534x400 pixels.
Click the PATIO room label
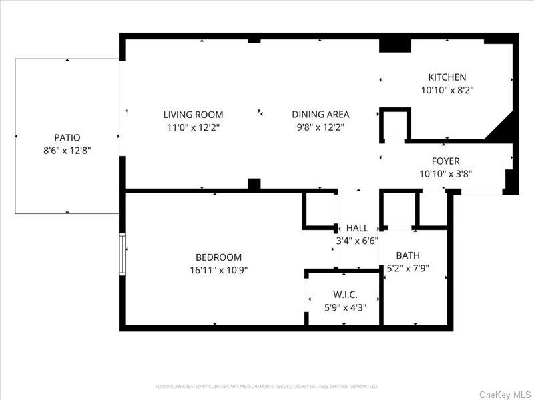[x=67, y=137]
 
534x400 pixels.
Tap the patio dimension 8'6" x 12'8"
[x=67, y=151]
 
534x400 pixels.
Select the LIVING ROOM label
[x=194, y=115]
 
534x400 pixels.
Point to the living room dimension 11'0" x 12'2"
[x=194, y=127]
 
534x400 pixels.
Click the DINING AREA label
[x=320, y=115]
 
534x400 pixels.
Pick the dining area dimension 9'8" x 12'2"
[x=320, y=127]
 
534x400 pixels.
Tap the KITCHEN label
[x=447, y=77]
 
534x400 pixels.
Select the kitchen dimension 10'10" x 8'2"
[x=447, y=90]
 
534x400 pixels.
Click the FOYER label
[x=445, y=161]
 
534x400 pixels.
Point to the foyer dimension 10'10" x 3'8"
[x=445, y=174]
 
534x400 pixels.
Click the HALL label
[x=357, y=229]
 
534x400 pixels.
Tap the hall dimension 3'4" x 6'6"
[x=356, y=241]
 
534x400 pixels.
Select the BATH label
[x=408, y=255]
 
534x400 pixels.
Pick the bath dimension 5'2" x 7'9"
[x=408, y=269]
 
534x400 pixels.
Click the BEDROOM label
[x=218, y=257]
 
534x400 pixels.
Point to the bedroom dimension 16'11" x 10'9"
[x=218, y=270]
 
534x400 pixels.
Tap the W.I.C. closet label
[x=345, y=295]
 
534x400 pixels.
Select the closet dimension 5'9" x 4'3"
[x=345, y=307]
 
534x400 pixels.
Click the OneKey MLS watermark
[x=505, y=395]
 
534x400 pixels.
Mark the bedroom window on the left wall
[x=123, y=254]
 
